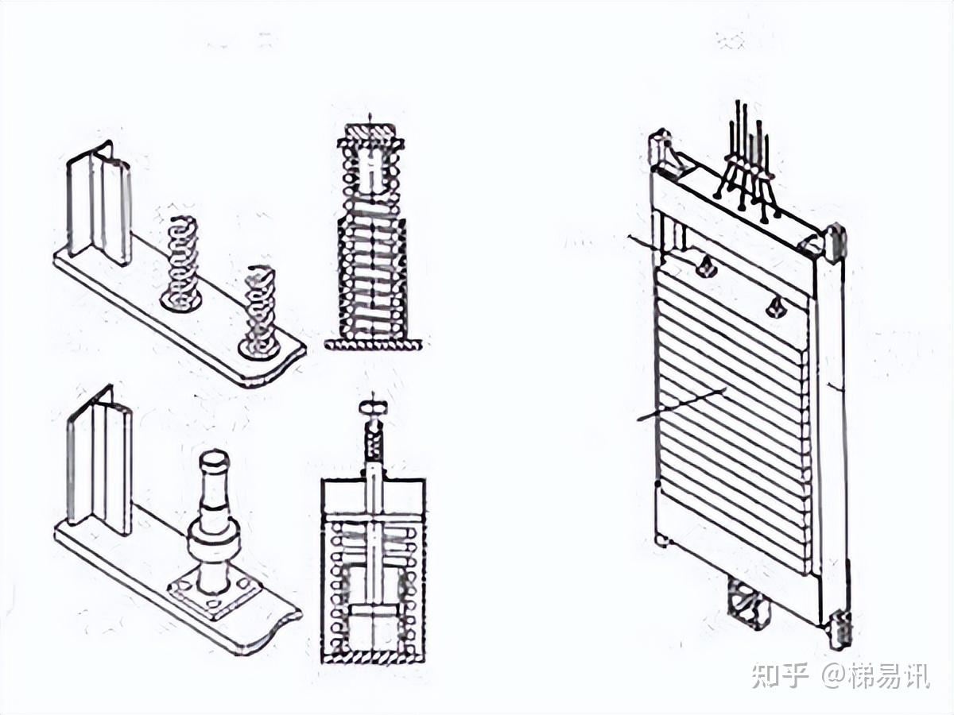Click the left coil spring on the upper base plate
pyautogui.click(x=183, y=262)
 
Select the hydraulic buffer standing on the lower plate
pyautogui.click(x=213, y=524)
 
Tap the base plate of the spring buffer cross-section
pyautogui.click(x=372, y=344)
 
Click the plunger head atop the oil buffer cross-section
pyautogui.click(x=373, y=408)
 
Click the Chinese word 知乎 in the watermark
pyautogui.click(x=780, y=676)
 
